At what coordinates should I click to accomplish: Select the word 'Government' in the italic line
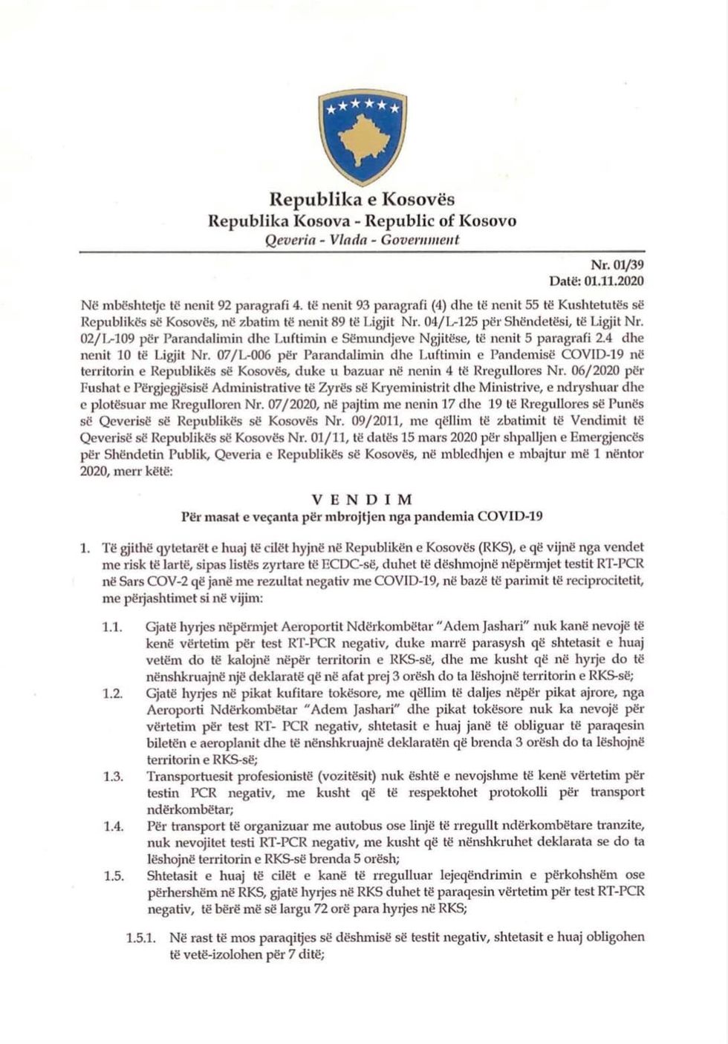point(420,240)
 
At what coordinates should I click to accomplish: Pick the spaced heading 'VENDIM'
point(363,499)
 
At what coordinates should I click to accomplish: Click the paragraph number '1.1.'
point(112,627)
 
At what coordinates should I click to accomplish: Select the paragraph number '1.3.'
point(112,776)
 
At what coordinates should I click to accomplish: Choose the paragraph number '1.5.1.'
point(141,938)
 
